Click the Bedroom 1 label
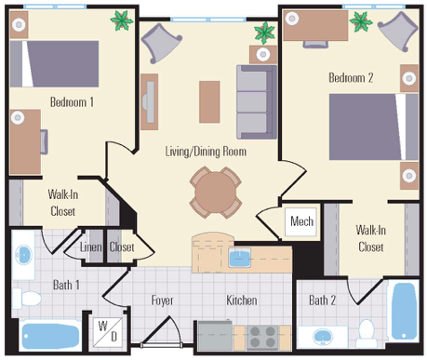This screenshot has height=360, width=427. [x=72, y=101]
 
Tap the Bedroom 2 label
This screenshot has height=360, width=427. [x=351, y=77]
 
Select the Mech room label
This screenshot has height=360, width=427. [x=301, y=221]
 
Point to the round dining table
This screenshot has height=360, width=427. [x=216, y=193]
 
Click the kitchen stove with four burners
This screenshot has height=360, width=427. [x=262, y=338]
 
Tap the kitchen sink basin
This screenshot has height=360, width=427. [x=240, y=258]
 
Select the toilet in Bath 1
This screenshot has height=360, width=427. [x=27, y=299]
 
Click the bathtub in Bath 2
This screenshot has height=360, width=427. [x=403, y=312]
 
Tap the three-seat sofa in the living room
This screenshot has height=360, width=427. [x=257, y=102]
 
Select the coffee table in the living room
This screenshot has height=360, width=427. [x=209, y=102]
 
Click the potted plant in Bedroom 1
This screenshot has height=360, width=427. [x=121, y=20]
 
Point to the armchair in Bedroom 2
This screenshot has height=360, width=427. [x=397, y=31]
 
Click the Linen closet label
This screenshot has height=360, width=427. [x=90, y=247]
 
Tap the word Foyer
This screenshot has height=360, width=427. [x=162, y=300]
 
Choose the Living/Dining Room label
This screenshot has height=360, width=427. [x=206, y=152]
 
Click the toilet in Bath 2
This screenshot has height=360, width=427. [x=367, y=332]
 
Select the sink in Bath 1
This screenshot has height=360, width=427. [x=23, y=253]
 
